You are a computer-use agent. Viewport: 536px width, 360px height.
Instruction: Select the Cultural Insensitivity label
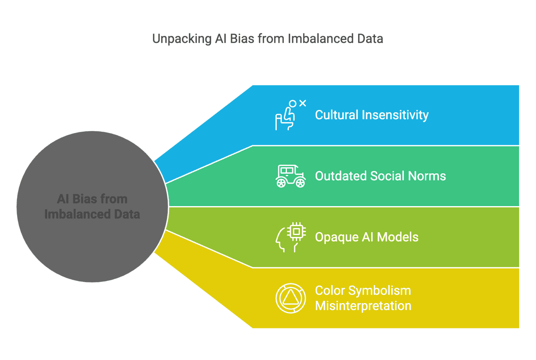(x=371, y=115)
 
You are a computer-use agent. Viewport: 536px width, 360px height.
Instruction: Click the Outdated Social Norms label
(x=380, y=176)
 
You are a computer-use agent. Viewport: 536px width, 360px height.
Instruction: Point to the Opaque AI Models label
(x=366, y=237)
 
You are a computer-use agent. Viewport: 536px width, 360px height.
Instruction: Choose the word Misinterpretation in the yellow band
(x=363, y=306)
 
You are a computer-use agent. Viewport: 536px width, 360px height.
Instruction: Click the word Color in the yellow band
(x=330, y=291)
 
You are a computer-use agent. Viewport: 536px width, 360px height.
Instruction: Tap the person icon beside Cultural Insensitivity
(x=287, y=116)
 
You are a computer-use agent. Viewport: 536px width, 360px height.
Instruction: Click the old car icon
(x=290, y=176)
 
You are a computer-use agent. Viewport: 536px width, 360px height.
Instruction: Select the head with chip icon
(x=290, y=237)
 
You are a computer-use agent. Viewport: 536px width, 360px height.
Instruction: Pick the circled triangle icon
(x=290, y=298)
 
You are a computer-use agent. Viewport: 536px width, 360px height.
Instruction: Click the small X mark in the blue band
(x=303, y=103)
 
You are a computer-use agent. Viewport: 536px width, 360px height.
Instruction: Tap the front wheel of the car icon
(x=300, y=183)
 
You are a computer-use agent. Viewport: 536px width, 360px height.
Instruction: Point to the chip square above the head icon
(x=296, y=232)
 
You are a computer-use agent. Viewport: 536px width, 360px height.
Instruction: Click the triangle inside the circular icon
(x=290, y=298)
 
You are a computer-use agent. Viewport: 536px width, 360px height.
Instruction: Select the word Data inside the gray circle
(x=127, y=214)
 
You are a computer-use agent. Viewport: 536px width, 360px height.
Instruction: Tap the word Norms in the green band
(x=427, y=176)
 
